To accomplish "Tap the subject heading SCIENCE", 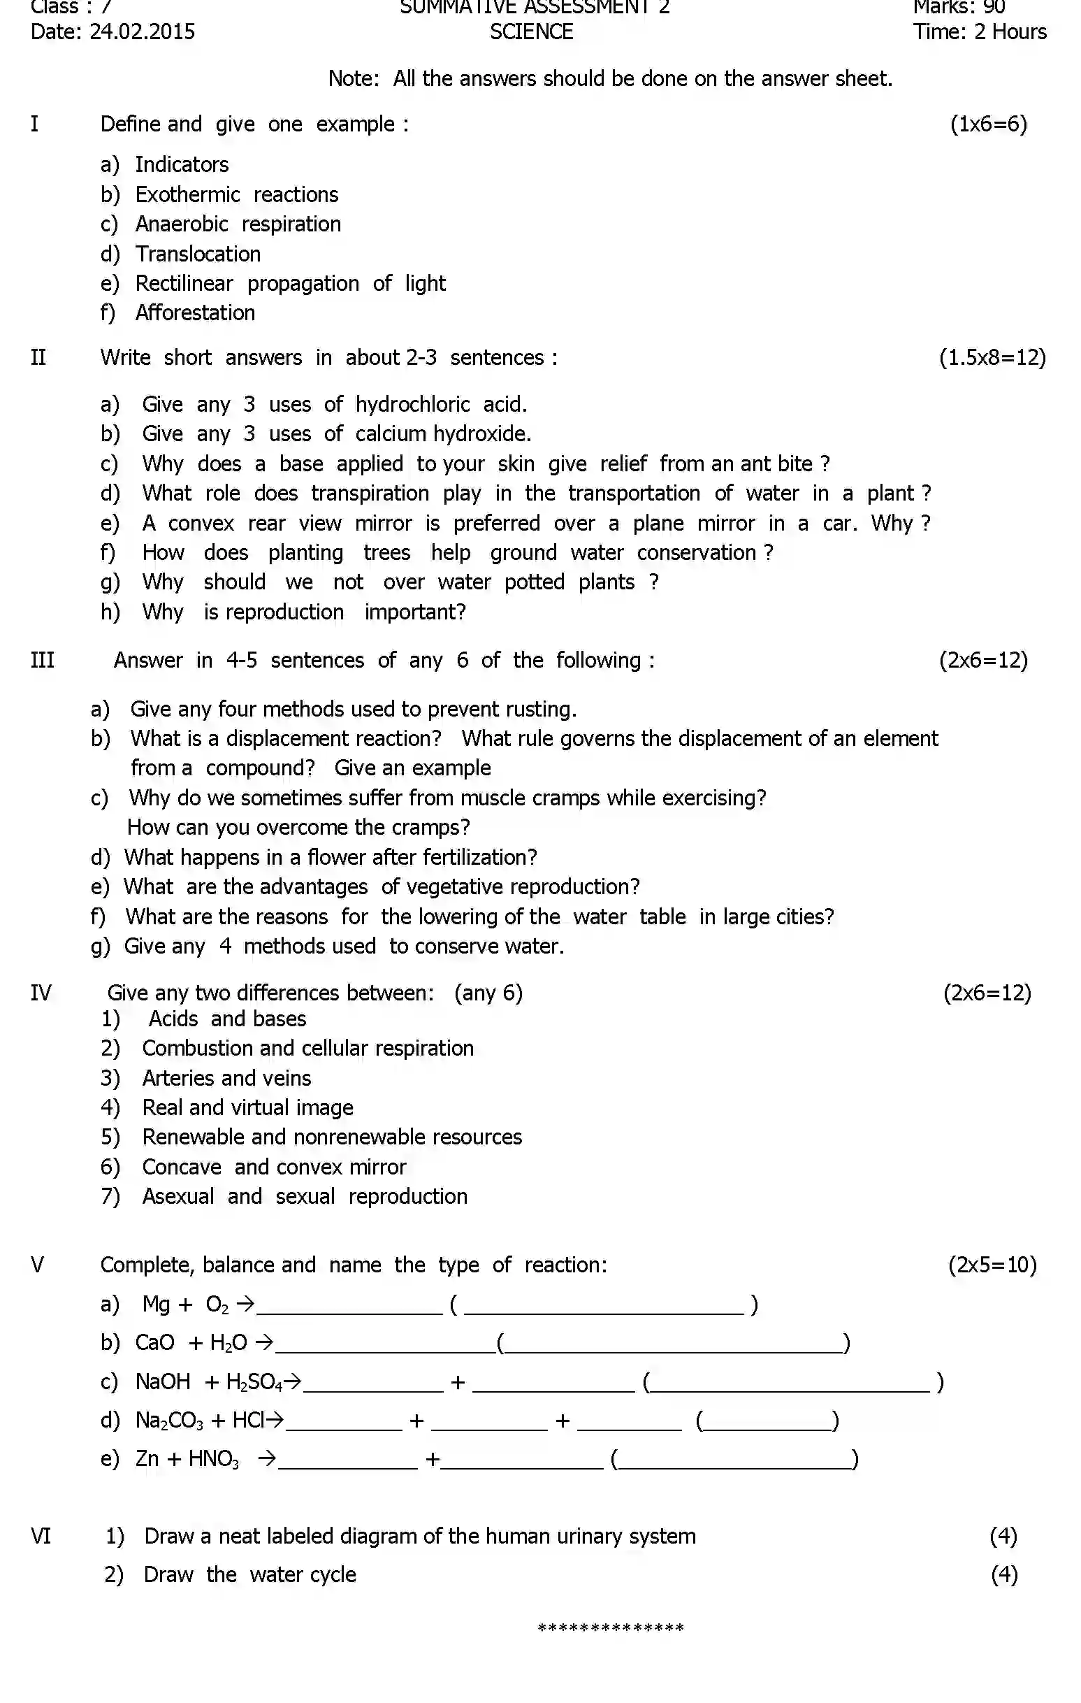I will pyautogui.click(x=531, y=32).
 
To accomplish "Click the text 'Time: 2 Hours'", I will pyautogui.click(x=979, y=32).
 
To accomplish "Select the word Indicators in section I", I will pyautogui.click(x=182, y=165).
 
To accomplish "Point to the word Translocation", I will pyautogui.click(x=198, y=254).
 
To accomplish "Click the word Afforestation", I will pyautogui.click(x=195, y=312).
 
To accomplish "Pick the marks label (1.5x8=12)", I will pyautogui.click(x=992, y=357).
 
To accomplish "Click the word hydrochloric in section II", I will pyautogui.click(x=412, y=405).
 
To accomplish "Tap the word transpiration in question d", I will pyautogui.click(x=370, y=493).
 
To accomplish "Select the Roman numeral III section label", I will pyautogui.click(x=43, y=660).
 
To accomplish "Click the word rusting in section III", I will pyautogui.click(x=539, y=709).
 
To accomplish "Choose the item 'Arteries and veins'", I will pyautogui.click(x=226, y=1078).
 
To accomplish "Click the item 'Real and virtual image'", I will pyautogui.click(x=247, y=1107).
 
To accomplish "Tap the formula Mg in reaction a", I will pyautogui.click(x=157, y=1303).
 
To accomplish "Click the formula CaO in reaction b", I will pyautogui.click(x=154, y=1342).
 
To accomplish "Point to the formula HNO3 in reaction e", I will pyautogui.click(x=214, y=1459).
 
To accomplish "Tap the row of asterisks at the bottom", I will pyautogui.click(x=611, y=1628).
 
